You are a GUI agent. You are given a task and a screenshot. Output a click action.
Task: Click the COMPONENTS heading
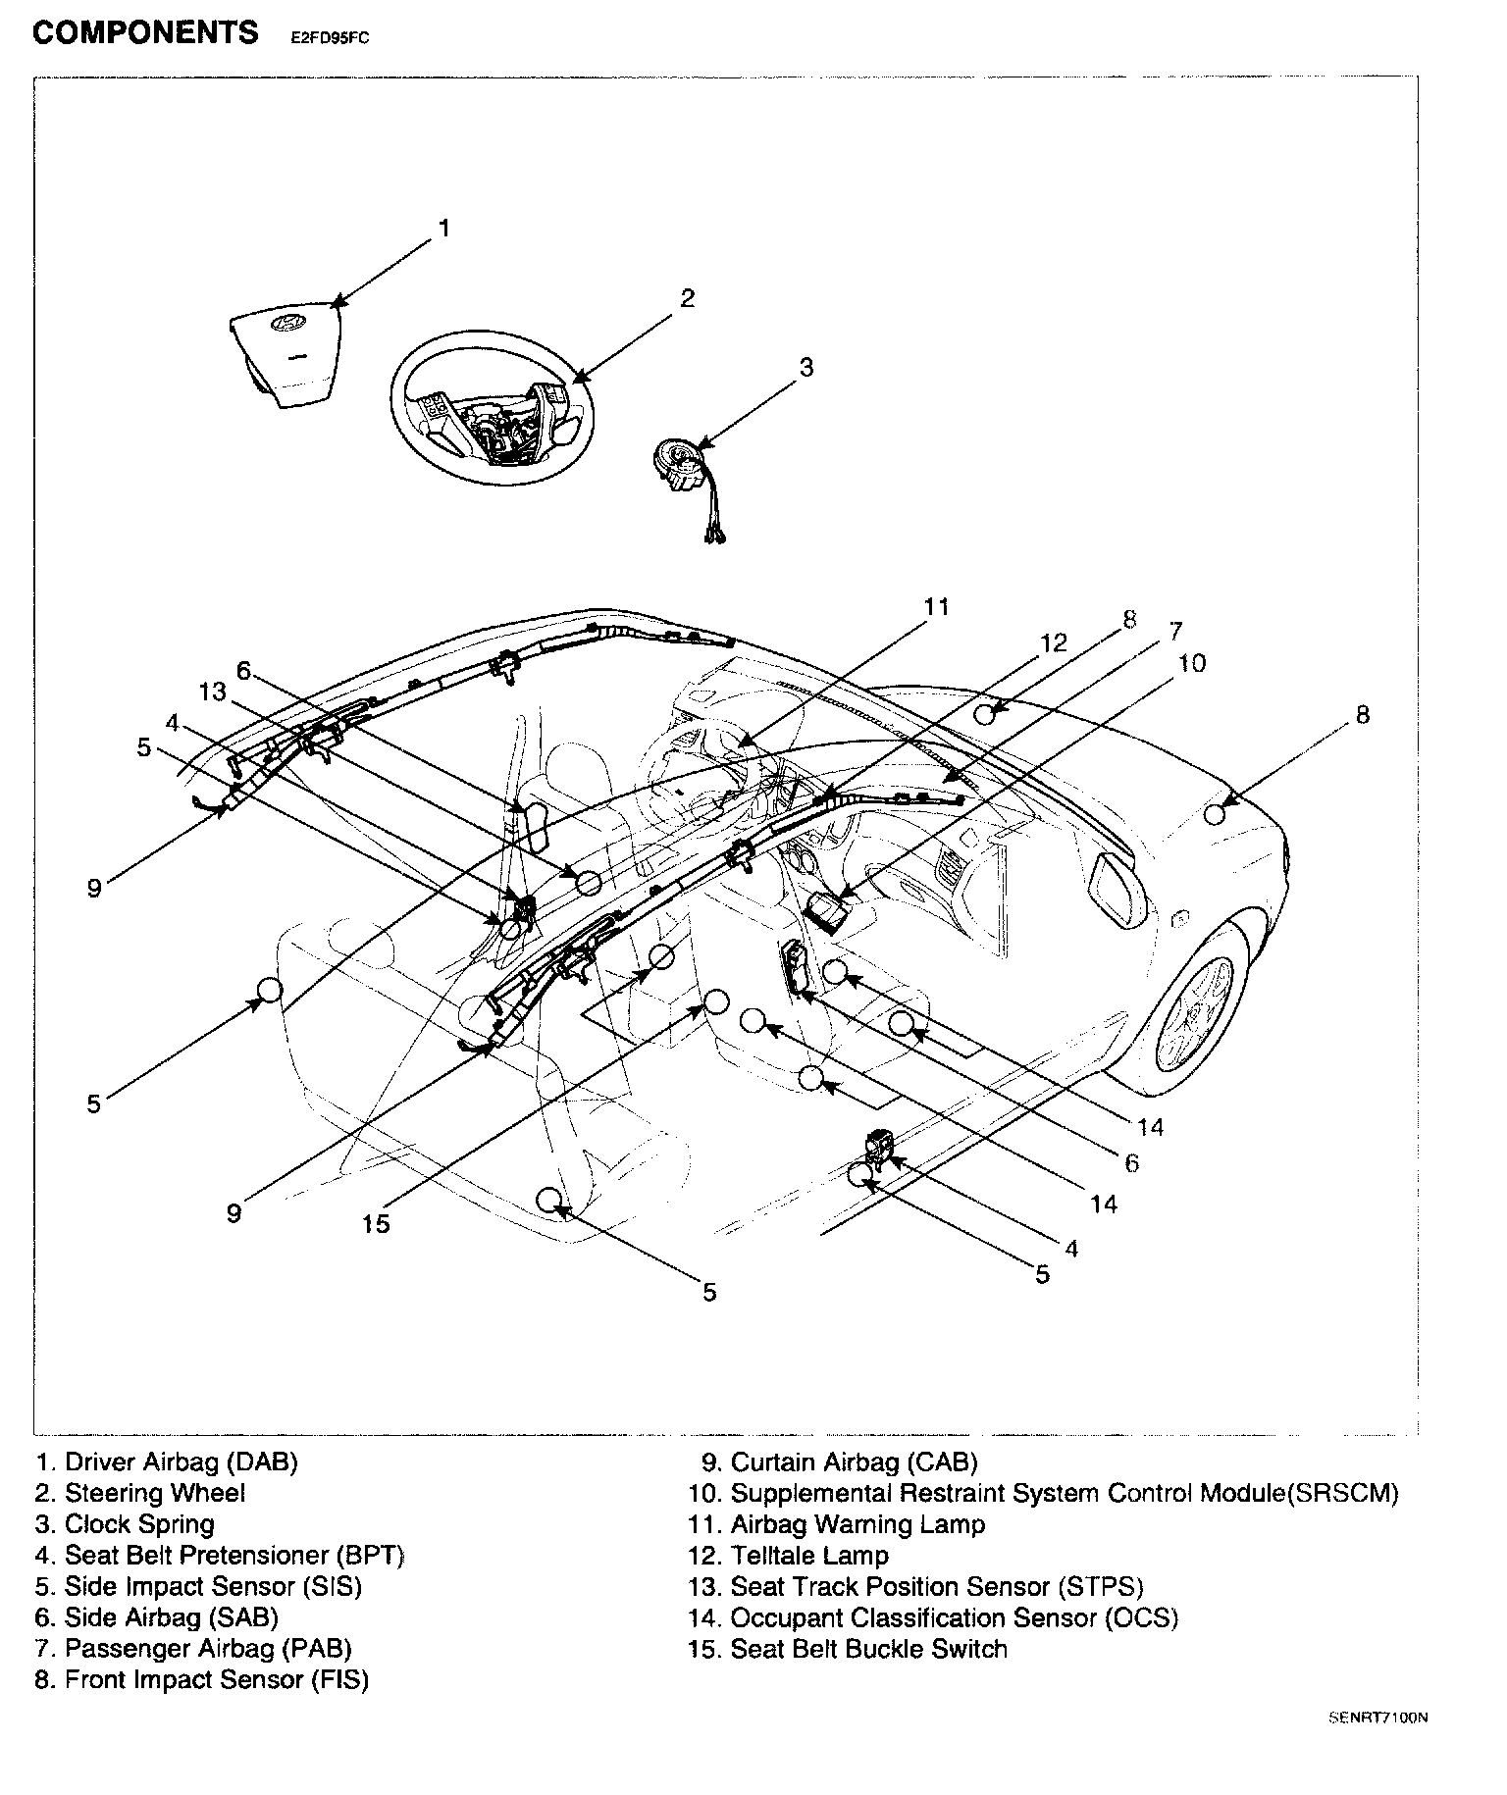(x=145, y=32)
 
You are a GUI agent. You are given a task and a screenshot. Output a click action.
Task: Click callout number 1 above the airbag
(x=443, y=229)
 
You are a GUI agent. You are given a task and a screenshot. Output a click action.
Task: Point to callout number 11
(x=937, y=607)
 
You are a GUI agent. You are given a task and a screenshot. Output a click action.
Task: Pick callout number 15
(x=376, y=1223)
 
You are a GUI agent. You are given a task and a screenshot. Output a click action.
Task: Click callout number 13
(x=212, y=692)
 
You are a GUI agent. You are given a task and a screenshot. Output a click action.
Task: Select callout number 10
(x=1191, y=664)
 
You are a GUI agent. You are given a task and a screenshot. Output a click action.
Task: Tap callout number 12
(x=1053, y=643)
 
